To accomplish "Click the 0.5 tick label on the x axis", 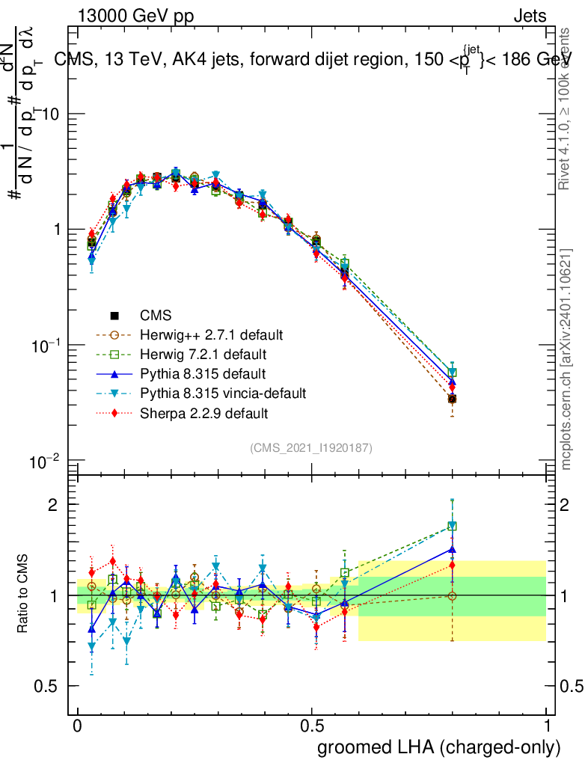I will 312,726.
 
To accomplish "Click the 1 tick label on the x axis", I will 547,726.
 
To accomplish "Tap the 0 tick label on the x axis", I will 77,726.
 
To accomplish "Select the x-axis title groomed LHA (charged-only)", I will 440,747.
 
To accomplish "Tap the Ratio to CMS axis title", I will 24,595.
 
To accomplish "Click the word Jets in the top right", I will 530,16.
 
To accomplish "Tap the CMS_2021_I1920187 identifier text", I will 311,448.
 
